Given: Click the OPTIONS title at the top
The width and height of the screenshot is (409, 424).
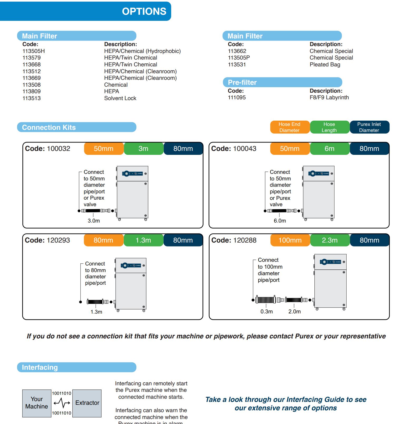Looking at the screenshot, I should (144, 11).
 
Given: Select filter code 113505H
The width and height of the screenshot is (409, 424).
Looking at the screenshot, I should (33, 51).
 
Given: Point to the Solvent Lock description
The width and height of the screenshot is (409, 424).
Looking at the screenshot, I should (120, 98).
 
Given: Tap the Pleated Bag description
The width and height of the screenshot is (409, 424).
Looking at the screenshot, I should (325, 65).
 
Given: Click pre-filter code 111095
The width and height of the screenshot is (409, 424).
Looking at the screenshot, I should (236, 97).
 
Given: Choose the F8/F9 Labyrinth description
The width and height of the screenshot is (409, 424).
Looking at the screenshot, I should (329, 97).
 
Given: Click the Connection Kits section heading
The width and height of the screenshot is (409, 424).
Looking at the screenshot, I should (49, 127).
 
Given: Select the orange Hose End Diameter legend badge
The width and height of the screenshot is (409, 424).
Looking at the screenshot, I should (289, 127).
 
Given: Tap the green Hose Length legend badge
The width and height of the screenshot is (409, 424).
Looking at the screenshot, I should (329, 127).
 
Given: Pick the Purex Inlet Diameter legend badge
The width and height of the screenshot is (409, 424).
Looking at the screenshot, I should (369, 127).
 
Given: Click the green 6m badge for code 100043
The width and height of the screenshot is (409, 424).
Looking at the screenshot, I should (329, 149).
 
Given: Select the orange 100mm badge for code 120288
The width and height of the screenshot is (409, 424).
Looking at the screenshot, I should (290, 240).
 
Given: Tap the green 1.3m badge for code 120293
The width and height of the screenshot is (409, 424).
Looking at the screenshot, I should (143, 240).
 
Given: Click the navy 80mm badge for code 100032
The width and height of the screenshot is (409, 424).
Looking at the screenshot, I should (183, 149).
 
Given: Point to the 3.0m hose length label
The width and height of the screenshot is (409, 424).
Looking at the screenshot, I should (94, 221).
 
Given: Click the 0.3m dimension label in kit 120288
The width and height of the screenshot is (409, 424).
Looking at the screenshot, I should (267, 312).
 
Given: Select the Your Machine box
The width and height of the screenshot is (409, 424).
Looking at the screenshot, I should (37, 403).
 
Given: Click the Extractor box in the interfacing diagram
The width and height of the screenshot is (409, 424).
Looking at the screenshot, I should (87, 403).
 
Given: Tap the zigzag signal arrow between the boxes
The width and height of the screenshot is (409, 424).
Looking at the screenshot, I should (62, 403).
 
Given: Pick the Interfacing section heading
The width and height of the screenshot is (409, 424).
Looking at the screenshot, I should (40, 367).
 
